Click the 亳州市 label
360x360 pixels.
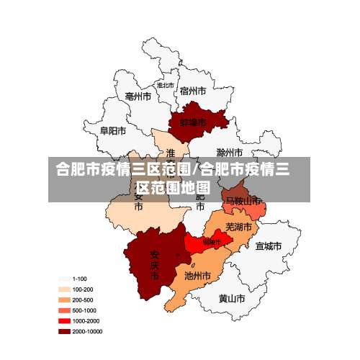pos(138,96)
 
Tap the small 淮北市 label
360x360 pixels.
pos(165,85)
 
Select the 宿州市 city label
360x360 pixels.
pos(193,91)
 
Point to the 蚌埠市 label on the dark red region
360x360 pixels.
pos(194,122)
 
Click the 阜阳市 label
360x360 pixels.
pos(113,131)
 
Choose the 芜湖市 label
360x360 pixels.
pos(239,227)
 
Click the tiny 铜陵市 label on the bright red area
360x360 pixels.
pos(212,242)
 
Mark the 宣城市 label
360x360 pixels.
pos(268,246)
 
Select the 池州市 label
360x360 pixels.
pos(197,275)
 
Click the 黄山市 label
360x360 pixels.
pos(232,298)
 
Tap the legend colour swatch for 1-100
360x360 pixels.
pos(64,279)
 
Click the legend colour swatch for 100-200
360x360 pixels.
pos(64,289)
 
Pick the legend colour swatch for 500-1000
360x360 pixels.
pos(64,310)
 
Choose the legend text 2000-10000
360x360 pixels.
pos(88,332)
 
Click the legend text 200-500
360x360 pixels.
pos(83,300)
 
